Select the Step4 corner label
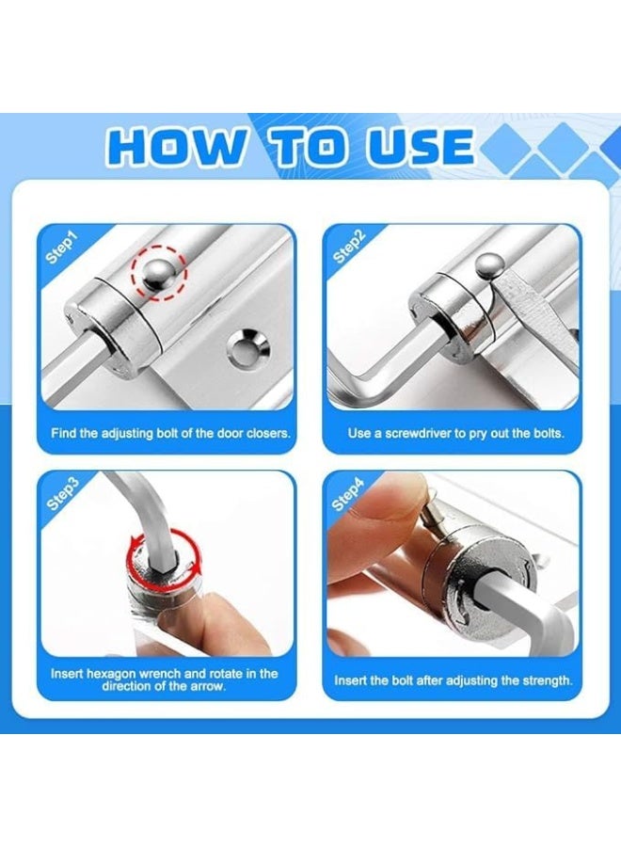(x=349, y=497)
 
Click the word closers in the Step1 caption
(x=265, y=434)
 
